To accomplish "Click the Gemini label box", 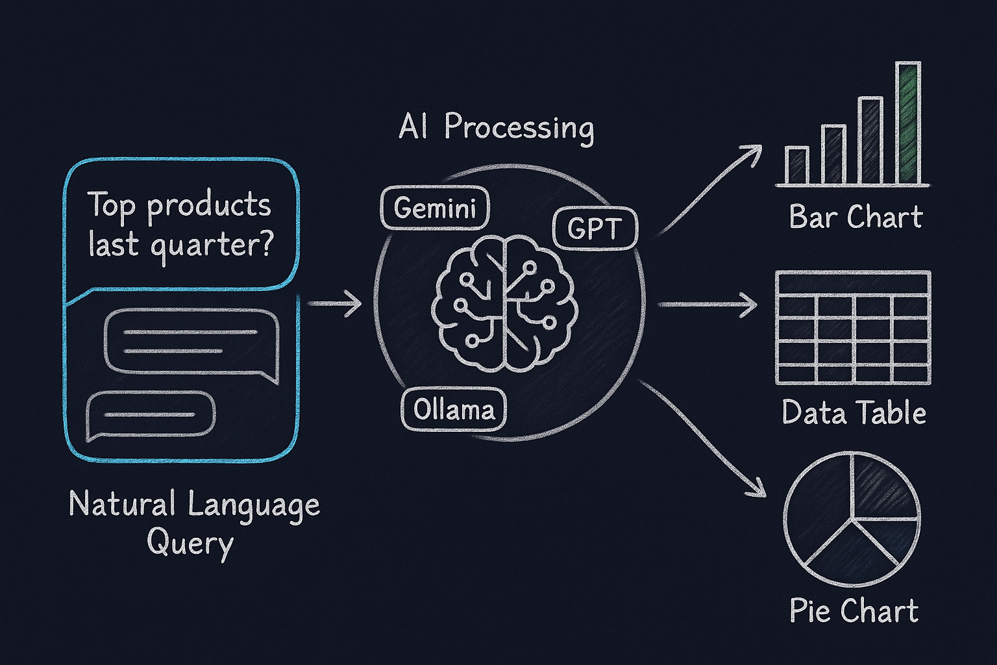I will pyautogui.click(x=434, y=208).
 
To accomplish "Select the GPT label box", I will pyautogui.click(x=595, y=229).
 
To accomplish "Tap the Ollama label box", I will pyautogui.click(x=454, y=410).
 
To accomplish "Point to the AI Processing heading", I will pyautogui.click(x=496, y=127).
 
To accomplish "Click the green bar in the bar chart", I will pyautogui.click(x=909, y=123).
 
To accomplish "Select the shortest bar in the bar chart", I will pyautogui.click(x=796, y=165).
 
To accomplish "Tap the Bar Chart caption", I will pyautogui.click(x=855, y=217).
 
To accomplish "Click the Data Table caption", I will pyautogui.click(x=854, y=413).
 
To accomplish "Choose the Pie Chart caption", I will pyautogui.click(x=854, y=611).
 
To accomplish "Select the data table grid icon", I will pyautogui.click(x=853, y=327).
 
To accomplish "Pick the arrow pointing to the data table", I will pyautogui.click(x=708, y=304).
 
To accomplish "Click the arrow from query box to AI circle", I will pyautogui.click(x=334, y=303).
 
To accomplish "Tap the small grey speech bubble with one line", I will pyautogui.click(x=151, y=414).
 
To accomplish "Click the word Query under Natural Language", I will pyautogui.click(x=190, y=543).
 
